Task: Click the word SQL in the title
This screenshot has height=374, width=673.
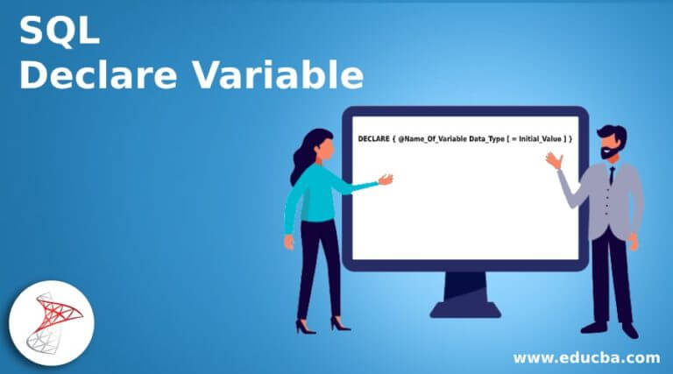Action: (x=60, y=32)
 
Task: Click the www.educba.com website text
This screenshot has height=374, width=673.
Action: (x=585, y=357)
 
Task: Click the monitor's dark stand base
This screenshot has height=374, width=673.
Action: (x=464, y=307)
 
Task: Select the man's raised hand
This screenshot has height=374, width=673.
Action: (x=552, y=160)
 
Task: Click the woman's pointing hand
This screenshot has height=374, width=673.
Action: (x=385, y=180)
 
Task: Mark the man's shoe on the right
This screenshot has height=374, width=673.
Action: (x=629, y=329)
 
